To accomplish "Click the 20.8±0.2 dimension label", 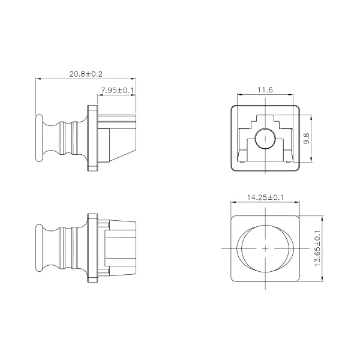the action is point(86,74).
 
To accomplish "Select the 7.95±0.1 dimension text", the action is point(117,90).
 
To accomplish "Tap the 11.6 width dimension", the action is point(265,90).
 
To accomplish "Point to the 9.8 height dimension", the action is point(307,139).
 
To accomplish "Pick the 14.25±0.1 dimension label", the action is point(265,197).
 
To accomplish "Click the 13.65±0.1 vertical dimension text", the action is point(317,248).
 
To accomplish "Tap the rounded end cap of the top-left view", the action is point(39,138).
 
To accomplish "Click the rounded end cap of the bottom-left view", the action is point(39,248).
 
